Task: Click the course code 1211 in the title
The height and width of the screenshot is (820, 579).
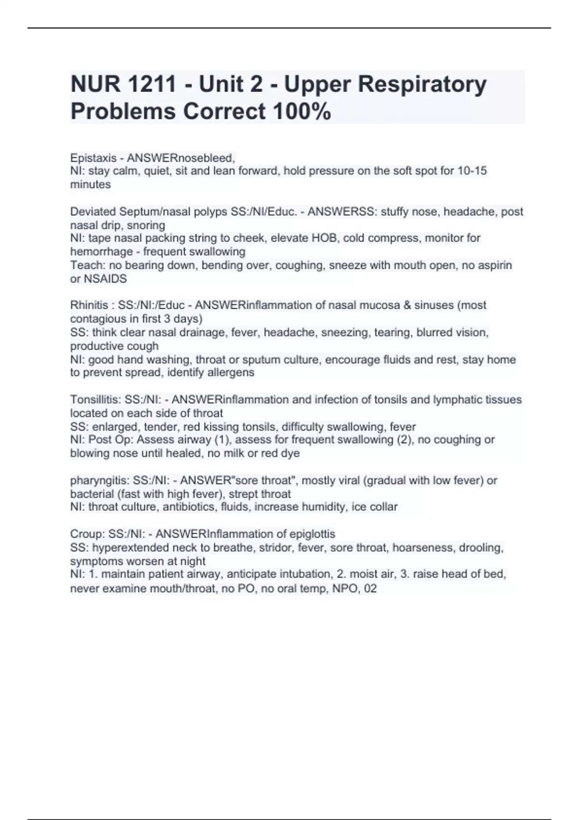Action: tap(152, 84)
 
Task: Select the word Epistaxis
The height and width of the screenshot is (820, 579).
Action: tap(94, 158)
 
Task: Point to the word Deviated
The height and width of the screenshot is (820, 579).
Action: tap(93, 212)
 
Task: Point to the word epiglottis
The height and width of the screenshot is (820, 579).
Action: tap(312, 534)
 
